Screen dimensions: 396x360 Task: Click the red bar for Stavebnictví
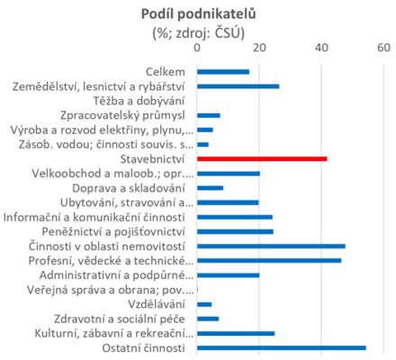pos(262,159)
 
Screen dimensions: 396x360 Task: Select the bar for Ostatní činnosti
pos(282,348)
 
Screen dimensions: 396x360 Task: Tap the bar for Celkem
pos(223,72)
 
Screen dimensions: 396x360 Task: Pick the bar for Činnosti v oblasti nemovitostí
pos(271,247)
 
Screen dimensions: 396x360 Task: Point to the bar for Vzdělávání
pos(204,304)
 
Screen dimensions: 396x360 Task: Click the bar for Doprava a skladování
pos(210,188)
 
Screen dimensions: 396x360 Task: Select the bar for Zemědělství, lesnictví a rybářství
pos(238,86)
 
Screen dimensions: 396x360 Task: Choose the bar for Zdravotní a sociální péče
pos(208,319)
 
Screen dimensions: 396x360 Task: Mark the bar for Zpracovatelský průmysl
pos(209,115)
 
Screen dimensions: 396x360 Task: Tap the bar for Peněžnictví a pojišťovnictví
pos(235,231)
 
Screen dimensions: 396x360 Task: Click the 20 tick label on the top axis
pos(259,48)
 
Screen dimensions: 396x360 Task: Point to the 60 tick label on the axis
pos(383,48)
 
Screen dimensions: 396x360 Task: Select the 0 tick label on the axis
pos(197,48)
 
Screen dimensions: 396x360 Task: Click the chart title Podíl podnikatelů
pos(199,14)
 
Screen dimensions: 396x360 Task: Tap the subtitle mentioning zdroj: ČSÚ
pos(199,33)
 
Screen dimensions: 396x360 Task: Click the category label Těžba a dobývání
pos(139,101)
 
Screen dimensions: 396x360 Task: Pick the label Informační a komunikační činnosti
pos(94,217)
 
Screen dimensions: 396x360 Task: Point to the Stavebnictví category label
pos(152,159)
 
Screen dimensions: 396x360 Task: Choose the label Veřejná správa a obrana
pos(111,290)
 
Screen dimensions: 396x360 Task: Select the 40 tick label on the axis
pos(321,48)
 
